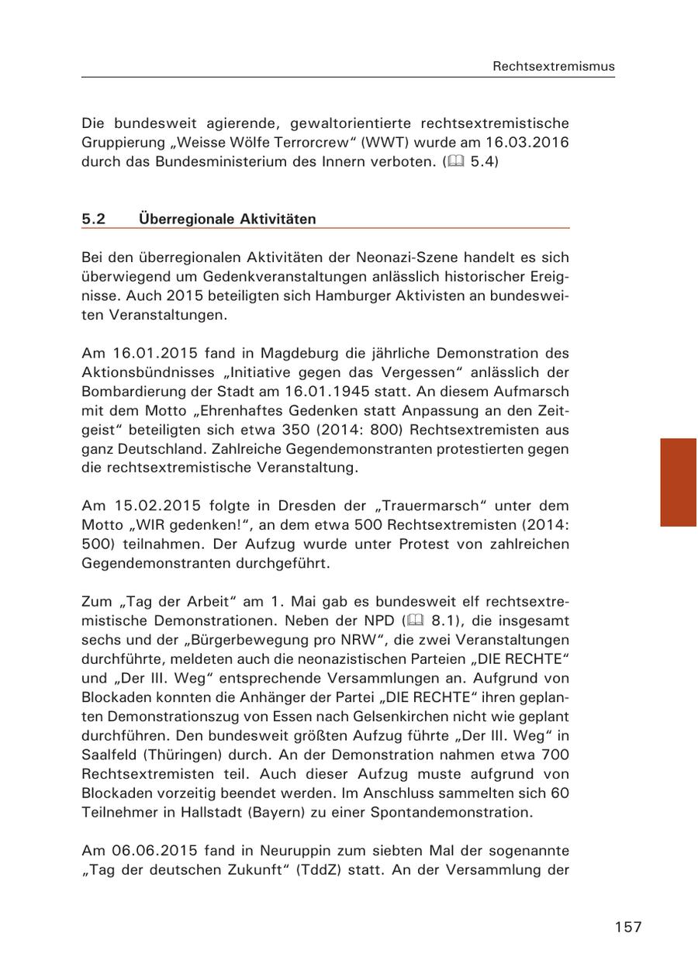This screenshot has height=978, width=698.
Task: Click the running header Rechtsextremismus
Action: tap(553, 67)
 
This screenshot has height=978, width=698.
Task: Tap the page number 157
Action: tap(628, 927)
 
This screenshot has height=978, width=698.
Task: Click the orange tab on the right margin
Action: tap(678, 482)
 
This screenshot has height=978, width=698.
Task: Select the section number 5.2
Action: tap(93, 219)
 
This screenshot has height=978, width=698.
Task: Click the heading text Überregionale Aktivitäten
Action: tap(227, 219)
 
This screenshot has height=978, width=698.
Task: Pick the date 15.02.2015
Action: tap(149, 506)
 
